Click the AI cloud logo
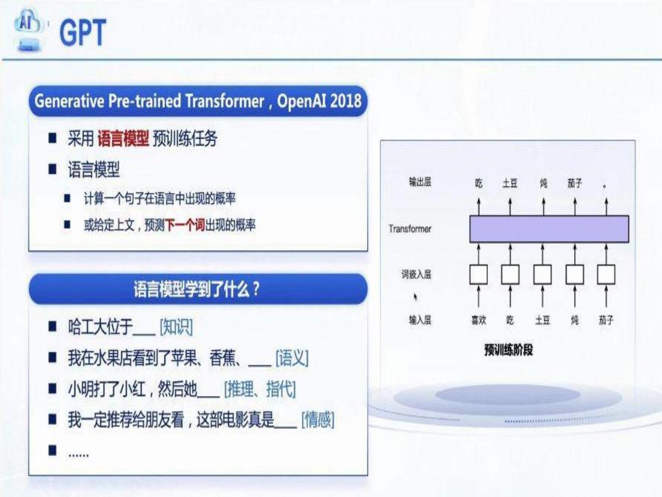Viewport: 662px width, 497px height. click(x=28, y=30)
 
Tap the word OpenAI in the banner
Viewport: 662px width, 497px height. click(x=301, y=101)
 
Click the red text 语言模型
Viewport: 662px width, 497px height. click(x=123, y=139)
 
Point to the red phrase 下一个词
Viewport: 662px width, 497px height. click(x=185, y=225)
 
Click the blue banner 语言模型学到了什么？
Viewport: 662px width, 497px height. click(x=198, y=289)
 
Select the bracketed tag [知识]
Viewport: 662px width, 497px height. click(x=176, y=327)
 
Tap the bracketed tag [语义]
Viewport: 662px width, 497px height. click(x=292, y=358)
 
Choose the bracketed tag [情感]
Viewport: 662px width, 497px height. click(x=318, y=420)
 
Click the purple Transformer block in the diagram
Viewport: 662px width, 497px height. click(x=549, y=229)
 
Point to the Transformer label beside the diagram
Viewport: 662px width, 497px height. click(x=410, y=229)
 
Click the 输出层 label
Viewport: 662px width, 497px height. click(x=420, y=182)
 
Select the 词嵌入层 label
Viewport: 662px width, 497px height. click(x=416, y=274)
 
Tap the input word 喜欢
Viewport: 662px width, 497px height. click(x=479, y=320)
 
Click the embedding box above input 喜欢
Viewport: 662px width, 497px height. click(x=479, y=274)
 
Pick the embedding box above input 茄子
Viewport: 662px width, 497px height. click(x=606, y=274)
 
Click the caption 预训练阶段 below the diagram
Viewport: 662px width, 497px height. click(x=509, y=350)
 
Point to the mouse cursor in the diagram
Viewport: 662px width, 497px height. click(x=415, y=297)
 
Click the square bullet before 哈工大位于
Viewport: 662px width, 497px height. click(x=53, y=327)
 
